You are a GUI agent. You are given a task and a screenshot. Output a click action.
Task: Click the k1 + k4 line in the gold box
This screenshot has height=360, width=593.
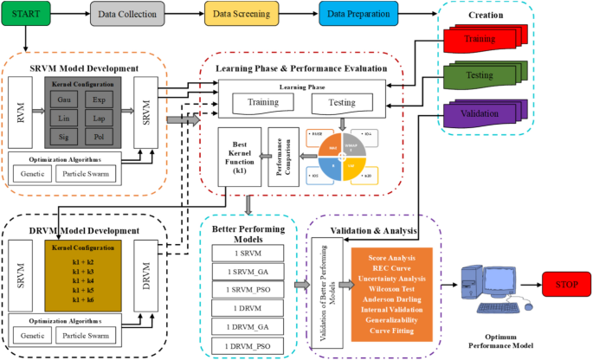coord(84,281)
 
